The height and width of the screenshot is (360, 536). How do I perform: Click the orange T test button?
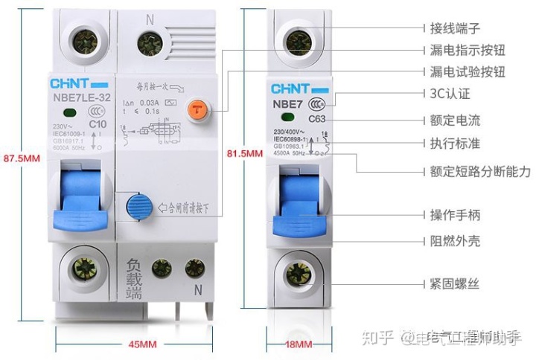[197, 109]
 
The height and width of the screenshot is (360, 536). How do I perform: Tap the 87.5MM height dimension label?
[22, 158]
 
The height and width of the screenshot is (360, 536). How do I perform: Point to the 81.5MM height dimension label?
[245, 154]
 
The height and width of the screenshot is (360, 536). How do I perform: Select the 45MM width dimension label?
[142, 344]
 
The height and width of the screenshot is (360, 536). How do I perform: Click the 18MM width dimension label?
[299, 344]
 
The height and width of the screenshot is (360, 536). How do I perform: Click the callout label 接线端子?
[455, 28]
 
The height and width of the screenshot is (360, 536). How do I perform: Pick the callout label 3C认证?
[448, 95]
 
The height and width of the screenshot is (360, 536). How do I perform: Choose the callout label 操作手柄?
[455, 215]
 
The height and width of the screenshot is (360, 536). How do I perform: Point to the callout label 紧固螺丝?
[455, 284]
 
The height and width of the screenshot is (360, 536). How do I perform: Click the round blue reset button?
[137, 205]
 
